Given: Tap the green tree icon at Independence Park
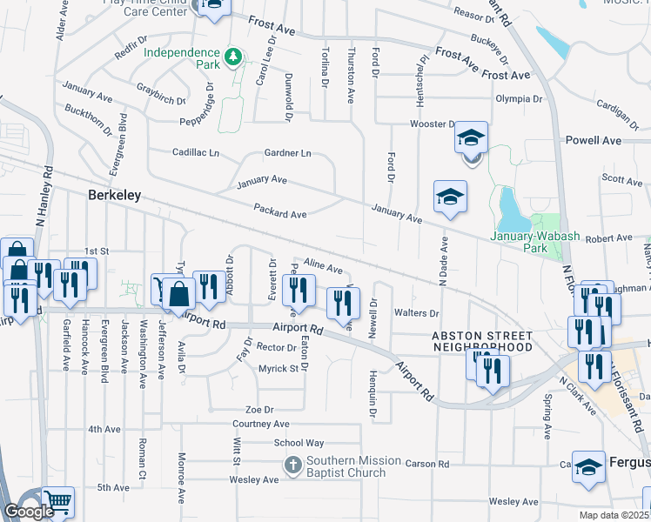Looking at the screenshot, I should [232, 58].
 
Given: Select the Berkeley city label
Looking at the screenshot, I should [115, 196].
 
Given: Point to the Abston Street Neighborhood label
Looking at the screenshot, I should [482, 341].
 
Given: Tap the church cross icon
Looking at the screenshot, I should [293, 466].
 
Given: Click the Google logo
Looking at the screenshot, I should [29, 512].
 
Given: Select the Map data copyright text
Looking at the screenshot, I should [614, 515].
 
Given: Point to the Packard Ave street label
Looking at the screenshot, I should [280, 211].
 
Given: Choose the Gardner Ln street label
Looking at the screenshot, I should [287, 153].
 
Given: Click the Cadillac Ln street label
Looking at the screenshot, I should [196, 152].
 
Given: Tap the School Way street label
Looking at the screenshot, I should [299, 443].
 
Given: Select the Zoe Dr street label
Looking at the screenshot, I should [259, 409].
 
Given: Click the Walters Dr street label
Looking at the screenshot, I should [416, 312].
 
